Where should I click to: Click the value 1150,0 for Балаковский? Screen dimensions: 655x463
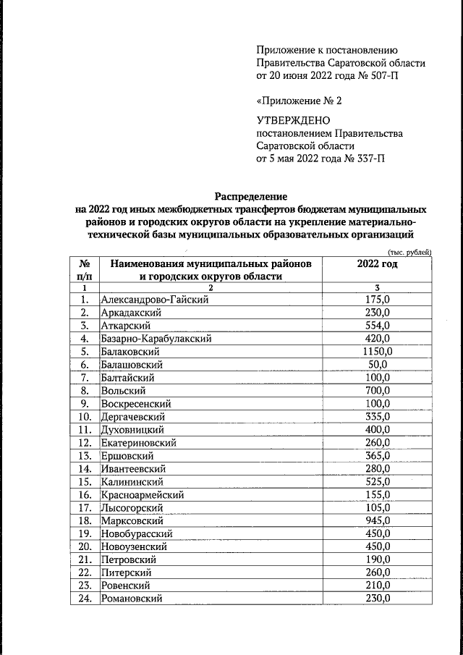378,351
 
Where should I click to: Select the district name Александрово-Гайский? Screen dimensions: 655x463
155,300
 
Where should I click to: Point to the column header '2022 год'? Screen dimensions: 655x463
378,265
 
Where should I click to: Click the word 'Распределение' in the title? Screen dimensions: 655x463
250,196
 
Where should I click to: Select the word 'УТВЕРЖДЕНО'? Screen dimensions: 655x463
293,119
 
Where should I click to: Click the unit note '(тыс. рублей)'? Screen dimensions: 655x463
410,251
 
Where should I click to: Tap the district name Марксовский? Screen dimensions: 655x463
132,520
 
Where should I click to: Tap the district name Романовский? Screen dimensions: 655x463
132,599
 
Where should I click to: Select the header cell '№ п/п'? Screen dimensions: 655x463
84,271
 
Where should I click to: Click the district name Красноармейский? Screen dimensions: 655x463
143,494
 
